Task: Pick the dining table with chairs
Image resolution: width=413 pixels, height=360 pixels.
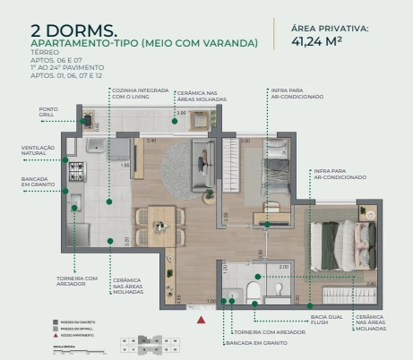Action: pyautogui.click(x=160, y=222)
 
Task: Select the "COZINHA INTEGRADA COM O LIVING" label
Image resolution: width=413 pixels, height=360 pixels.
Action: pyautogui.click(x=132, y=93)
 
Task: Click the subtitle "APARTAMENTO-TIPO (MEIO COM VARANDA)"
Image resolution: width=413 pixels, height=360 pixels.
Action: pyautogui.click(x=143, y=43)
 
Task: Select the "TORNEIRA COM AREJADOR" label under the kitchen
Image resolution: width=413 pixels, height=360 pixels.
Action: pyautogui.click(x=78, y=282)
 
